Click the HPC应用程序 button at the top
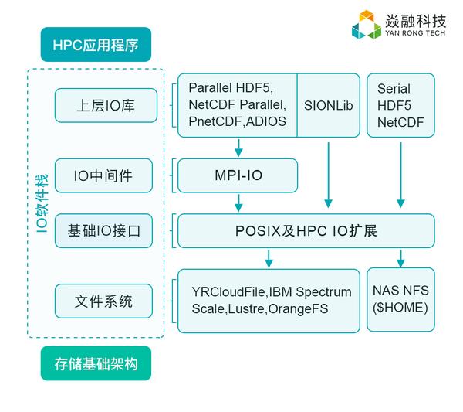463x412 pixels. [96, 45]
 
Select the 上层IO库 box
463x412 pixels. [106, 105]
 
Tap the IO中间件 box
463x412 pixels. [103, 175]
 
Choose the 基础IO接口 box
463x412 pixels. [103, 230]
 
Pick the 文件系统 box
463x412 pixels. [103, 301]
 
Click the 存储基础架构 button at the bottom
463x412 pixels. [96, 363]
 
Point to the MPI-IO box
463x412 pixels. [238, 175]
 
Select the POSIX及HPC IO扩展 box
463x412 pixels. [306, 230]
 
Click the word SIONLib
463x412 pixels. [329, 106]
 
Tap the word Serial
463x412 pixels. [394, 88]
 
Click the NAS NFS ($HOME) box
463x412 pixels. [400, 300]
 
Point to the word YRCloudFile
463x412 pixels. [229, 292]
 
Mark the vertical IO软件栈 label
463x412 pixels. [42, 203]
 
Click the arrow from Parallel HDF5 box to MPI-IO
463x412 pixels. [238, 148]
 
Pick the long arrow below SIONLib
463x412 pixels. [329, 175]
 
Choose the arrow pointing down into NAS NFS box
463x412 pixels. [400, 259]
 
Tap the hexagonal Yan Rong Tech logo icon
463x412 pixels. [367, 25]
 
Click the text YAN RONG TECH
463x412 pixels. [415, 32]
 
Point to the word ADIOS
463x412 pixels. [266, 121]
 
